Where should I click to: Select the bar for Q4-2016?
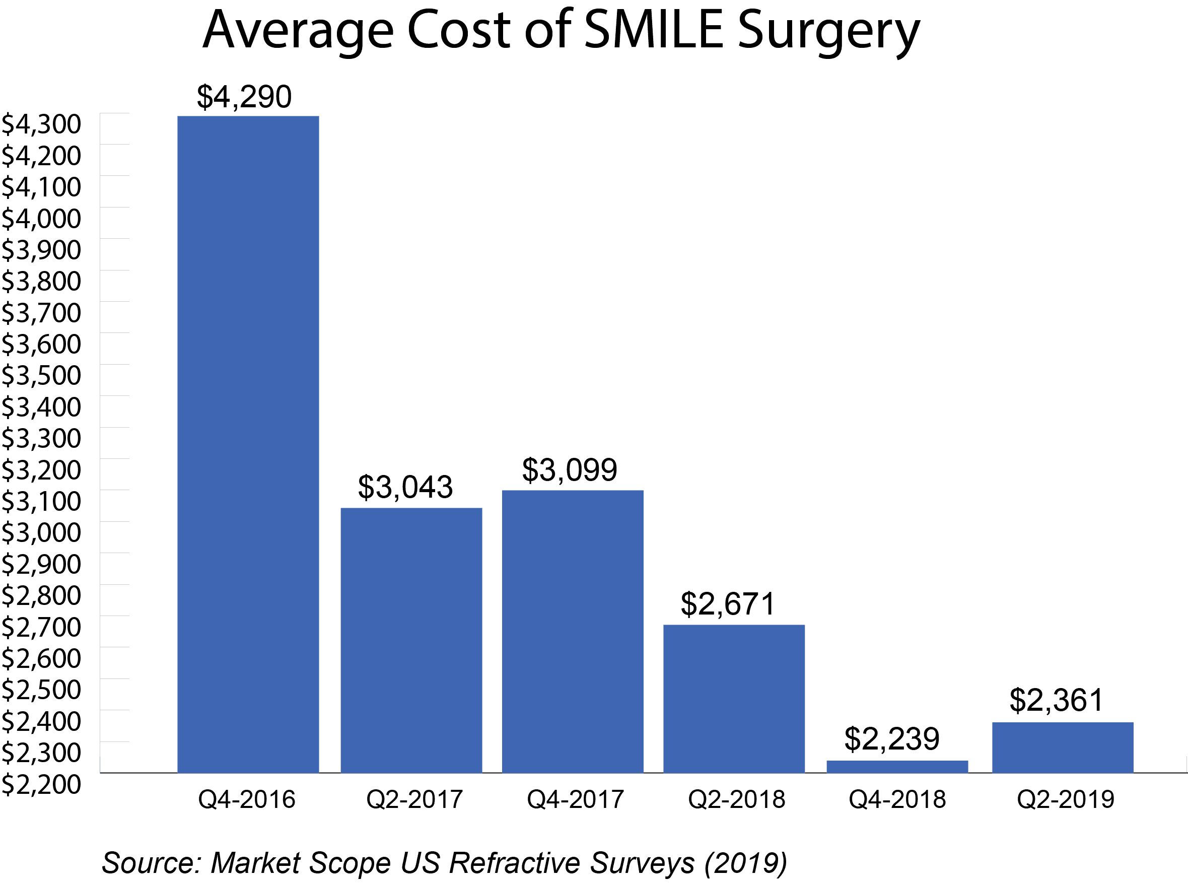click(248, 444)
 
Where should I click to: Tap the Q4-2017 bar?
click(573, 631)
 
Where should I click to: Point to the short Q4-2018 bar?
click(897, 766)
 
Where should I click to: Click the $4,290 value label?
click(244, 97)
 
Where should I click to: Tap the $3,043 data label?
click(405, 487)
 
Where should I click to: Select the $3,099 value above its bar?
click(569, 470)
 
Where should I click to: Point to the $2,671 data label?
click(727, 603)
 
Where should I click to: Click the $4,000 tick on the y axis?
click(41, 218)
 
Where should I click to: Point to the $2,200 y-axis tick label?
click(41, 784)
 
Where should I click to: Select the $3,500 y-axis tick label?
click(41, 375)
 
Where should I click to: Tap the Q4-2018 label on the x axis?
click(897, 799)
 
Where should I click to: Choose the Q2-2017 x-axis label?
click(414, 799)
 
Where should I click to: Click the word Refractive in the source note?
click(518, 862)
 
